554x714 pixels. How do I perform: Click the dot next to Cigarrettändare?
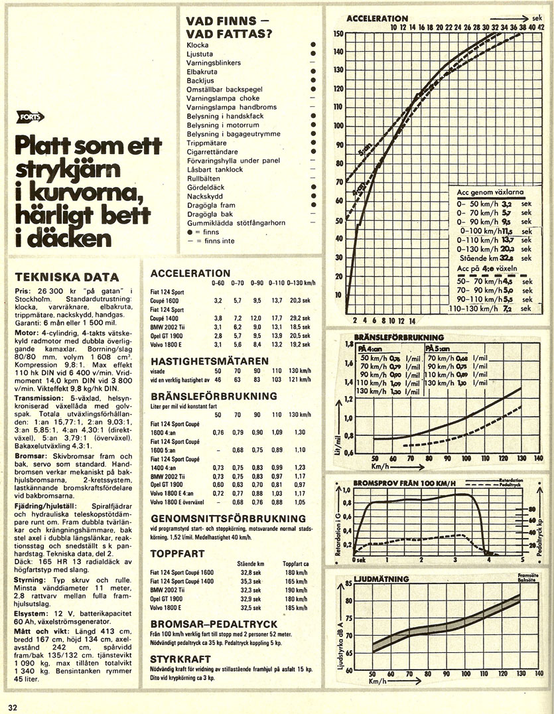coord(312,151)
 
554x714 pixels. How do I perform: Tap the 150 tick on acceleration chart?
coord(338,33)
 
